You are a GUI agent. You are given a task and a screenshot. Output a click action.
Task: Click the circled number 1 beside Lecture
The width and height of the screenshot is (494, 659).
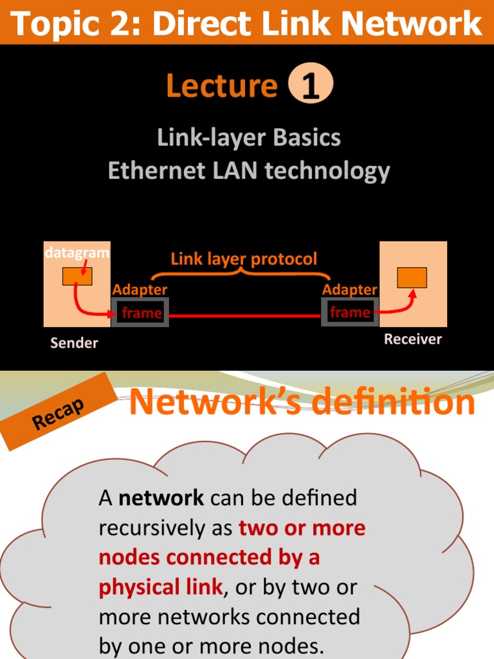(x=311, y=86)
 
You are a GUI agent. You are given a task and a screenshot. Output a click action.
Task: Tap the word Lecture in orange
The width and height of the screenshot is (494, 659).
(x=221, y=86)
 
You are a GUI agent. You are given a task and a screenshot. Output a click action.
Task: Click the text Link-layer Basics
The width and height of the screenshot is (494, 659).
(x=249, y=137)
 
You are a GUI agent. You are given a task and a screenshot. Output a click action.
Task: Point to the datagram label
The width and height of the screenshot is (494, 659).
(x=77, y=253)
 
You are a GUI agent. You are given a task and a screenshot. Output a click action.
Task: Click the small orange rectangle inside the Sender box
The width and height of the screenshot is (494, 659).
(x=77, y=276)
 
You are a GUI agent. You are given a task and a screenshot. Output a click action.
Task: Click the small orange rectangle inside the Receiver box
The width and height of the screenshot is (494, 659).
(x=412, y=277)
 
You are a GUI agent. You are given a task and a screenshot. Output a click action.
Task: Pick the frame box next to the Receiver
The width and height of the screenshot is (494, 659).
(x=350, y=313)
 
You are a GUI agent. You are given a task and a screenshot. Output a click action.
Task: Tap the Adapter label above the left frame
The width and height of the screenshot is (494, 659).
(x=140, y=290)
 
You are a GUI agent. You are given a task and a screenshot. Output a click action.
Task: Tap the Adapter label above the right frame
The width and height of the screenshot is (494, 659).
(x=349, y=290)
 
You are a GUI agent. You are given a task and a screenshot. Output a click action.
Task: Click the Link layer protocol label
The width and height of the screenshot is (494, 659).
(x=244, y=259)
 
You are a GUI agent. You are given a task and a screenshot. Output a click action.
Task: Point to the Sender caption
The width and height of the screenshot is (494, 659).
(x=74, y=343)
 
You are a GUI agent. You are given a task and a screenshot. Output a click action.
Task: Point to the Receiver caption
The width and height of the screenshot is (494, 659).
(x=413, y=339)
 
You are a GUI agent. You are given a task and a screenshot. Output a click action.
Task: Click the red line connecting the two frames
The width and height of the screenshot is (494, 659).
(x=244, y=316)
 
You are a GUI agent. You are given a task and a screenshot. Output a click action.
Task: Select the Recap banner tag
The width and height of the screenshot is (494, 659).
(x=59, y=412)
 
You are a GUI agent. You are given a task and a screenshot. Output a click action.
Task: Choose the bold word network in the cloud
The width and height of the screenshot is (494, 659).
(x=161, y=497)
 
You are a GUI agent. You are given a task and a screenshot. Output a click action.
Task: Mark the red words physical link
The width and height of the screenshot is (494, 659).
(x=160, y=587)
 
